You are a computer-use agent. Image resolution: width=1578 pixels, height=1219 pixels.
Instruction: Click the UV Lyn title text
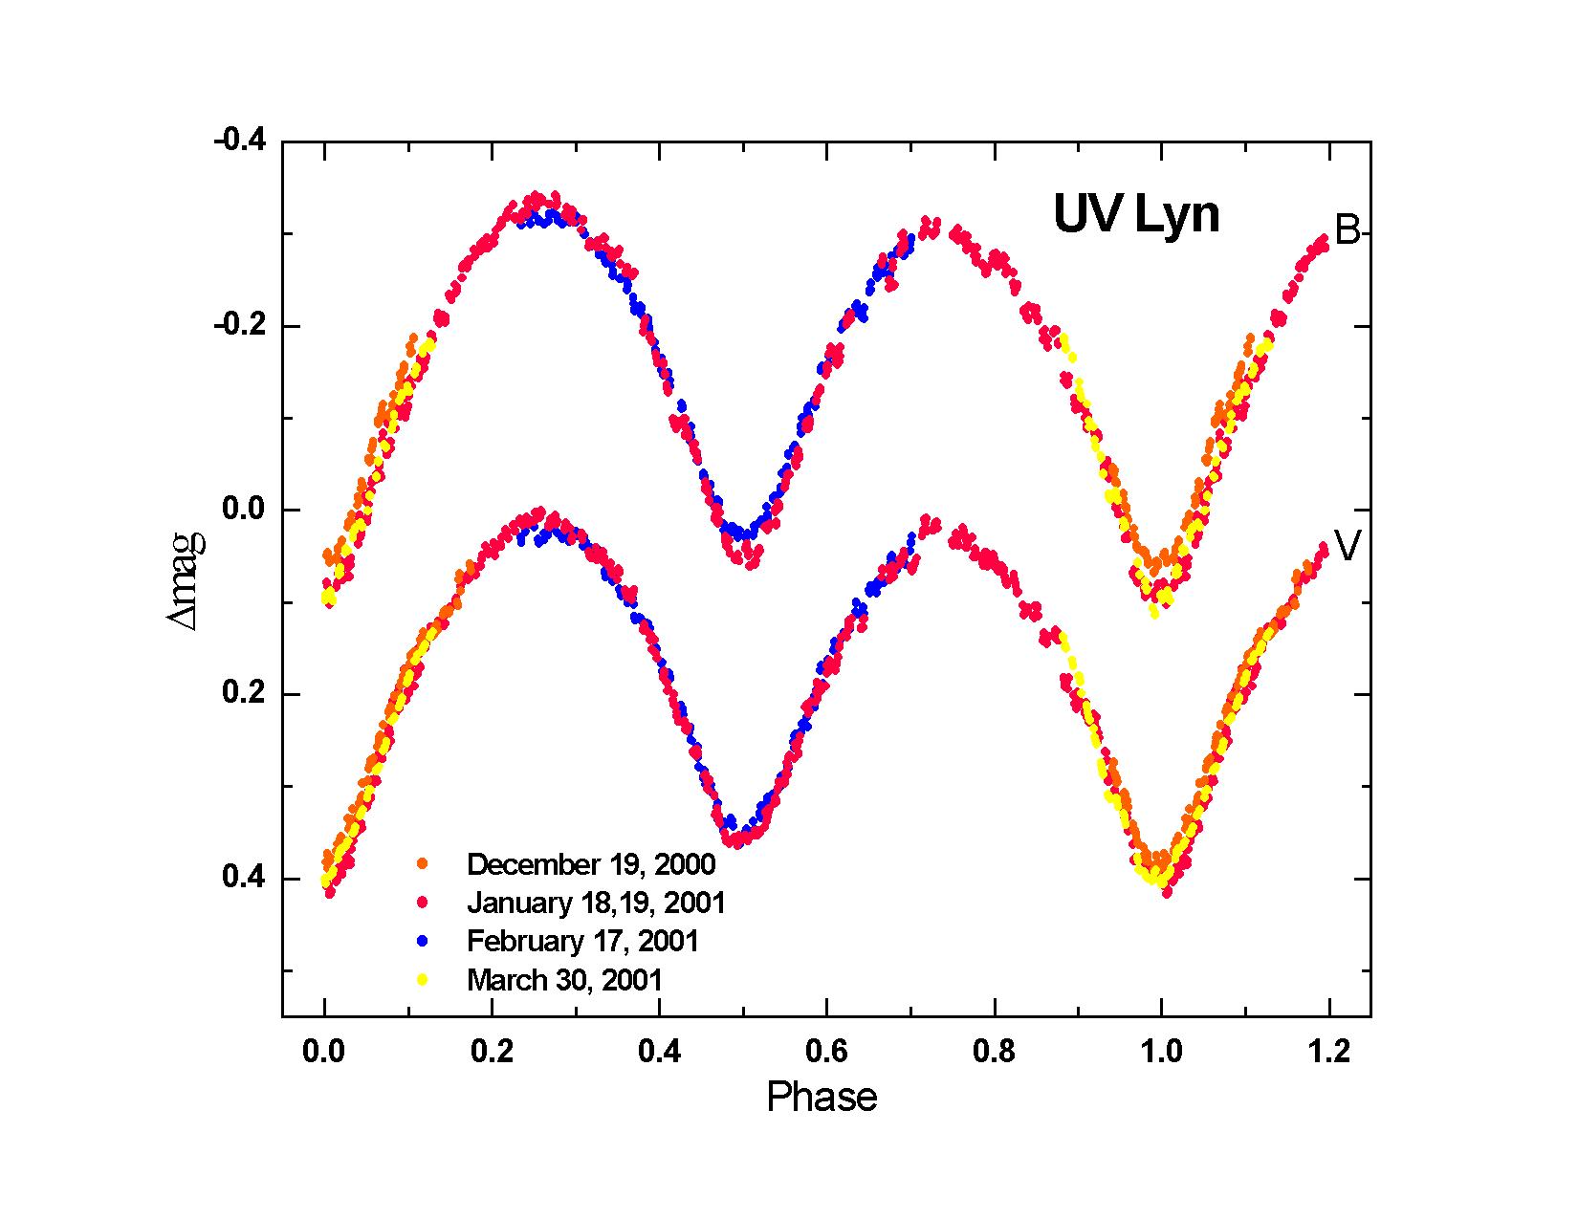[1136, 215]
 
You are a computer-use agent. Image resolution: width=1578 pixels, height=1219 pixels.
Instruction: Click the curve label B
[1347, 230]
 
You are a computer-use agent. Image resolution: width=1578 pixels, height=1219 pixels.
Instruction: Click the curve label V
[1347, 546]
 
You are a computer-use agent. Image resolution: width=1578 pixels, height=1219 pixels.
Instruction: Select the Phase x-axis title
[822, 1098]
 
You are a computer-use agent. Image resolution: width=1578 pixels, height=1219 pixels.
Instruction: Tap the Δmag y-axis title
[186, 581]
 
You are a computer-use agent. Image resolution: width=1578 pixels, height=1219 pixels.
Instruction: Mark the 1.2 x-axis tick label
[1328, 1052]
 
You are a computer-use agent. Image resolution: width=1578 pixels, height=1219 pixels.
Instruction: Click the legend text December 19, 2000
[591, 864]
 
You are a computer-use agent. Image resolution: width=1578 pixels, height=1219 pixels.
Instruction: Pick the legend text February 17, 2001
[582, 941]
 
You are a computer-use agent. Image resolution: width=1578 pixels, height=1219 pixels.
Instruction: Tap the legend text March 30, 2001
[564, 980]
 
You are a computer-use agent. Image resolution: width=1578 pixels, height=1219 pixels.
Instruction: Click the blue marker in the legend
[423, 941]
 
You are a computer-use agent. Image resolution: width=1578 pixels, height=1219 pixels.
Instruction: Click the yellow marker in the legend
[423, 980]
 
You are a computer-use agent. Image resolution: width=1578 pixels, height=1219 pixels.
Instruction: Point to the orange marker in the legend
[423, 864]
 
